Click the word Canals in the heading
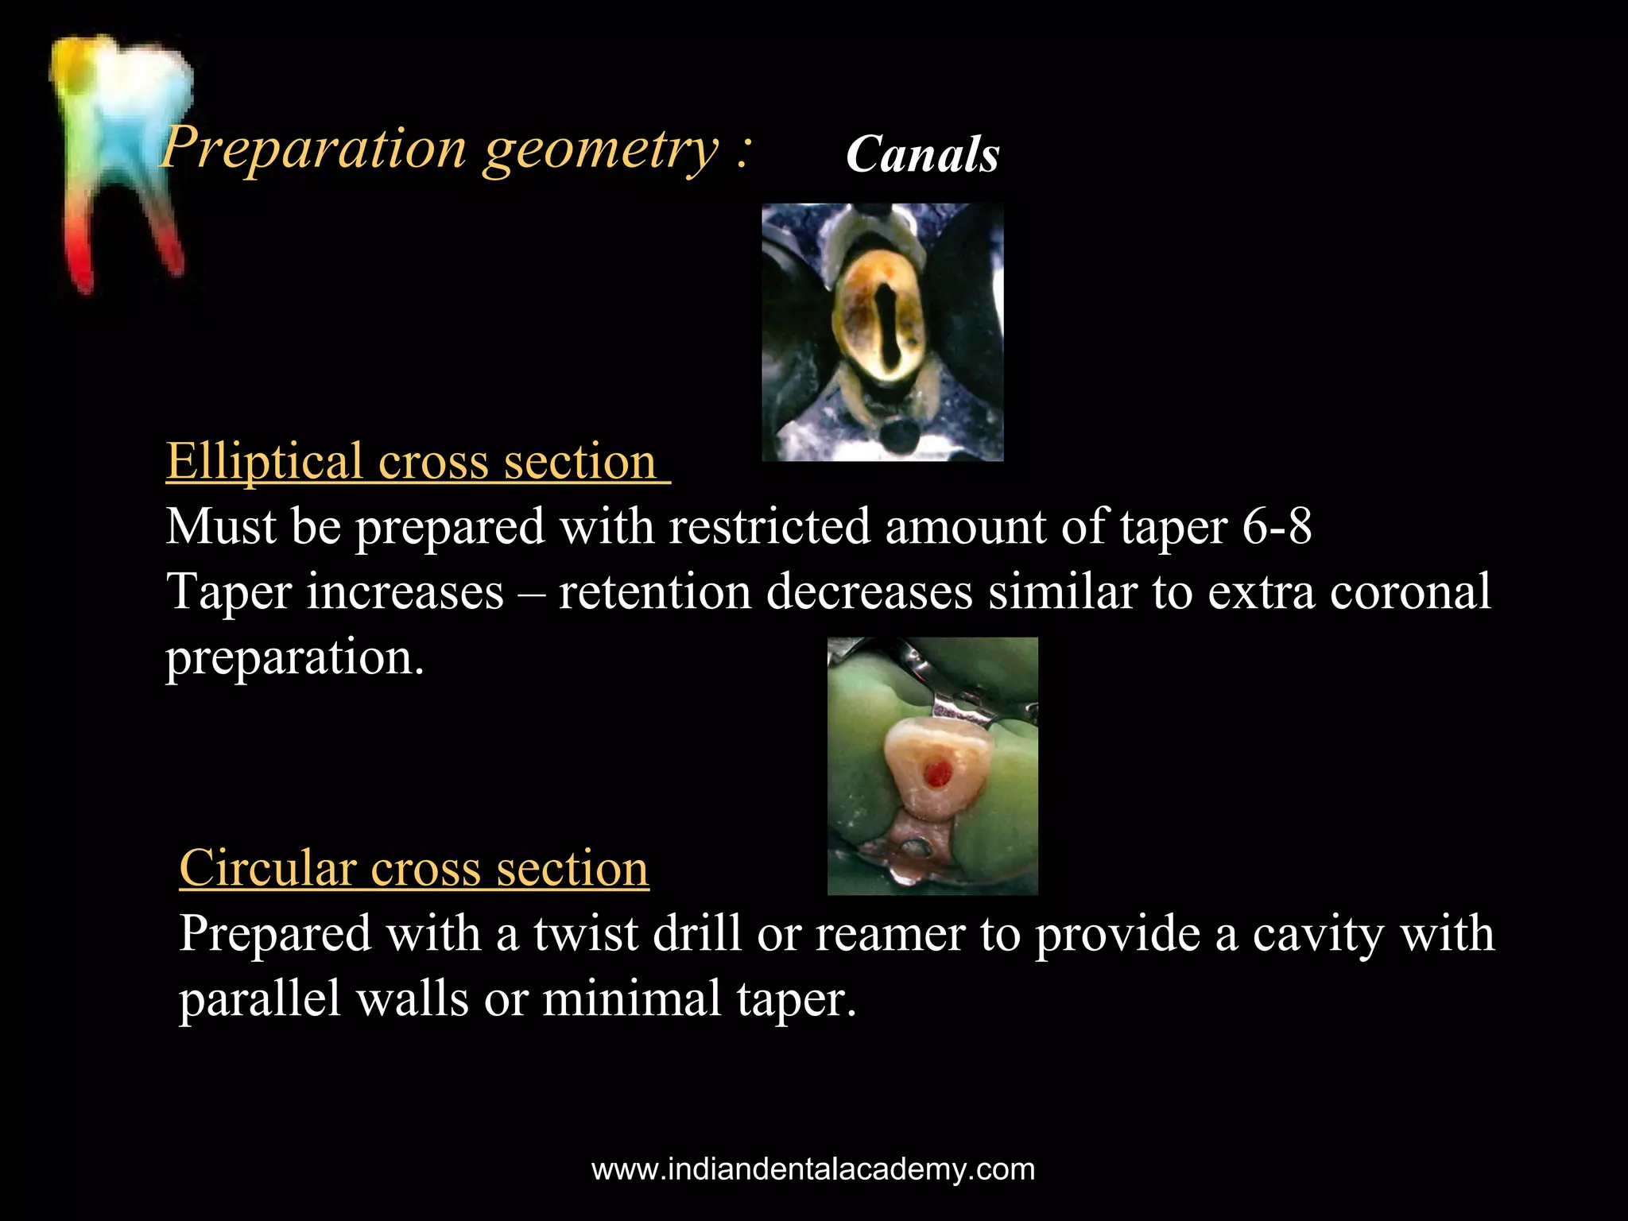coord(922,154)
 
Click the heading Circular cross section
coord(414,867)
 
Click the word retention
coord(655,593)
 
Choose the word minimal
coord(631,999)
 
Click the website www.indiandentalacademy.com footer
coord(813,1170)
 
